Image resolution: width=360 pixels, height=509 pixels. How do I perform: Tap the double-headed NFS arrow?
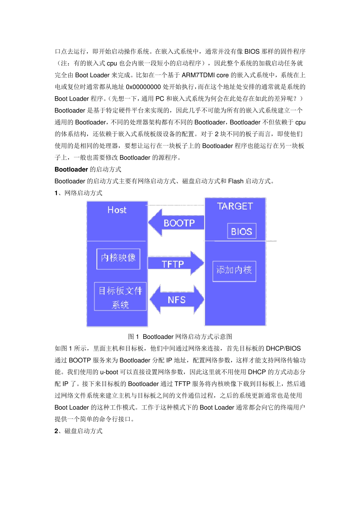[177, 300]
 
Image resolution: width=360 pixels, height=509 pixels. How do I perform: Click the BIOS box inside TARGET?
[241, 231]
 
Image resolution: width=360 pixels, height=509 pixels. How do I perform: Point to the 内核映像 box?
[118, 259]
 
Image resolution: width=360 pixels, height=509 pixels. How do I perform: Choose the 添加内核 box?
[234, 270]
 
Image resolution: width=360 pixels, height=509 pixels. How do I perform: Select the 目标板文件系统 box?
[120, 297]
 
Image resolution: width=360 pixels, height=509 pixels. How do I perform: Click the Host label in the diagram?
[117, 210]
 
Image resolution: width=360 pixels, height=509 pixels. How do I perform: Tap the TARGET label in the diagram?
[235, 206]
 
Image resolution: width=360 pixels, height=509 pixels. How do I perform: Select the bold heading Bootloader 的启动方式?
[88, 169]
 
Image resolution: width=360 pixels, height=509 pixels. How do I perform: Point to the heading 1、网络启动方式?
[78, 193]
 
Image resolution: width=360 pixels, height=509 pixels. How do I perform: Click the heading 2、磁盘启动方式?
[78, 431]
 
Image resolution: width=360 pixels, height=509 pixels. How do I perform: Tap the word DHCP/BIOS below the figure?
[283, 348]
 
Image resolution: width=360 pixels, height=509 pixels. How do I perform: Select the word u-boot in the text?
[109, 372]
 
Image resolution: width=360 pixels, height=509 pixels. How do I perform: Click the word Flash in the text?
[236, 181]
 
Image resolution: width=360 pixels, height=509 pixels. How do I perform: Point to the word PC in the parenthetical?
[160, 98]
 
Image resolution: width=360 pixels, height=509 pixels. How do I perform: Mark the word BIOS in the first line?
[252, 52]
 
